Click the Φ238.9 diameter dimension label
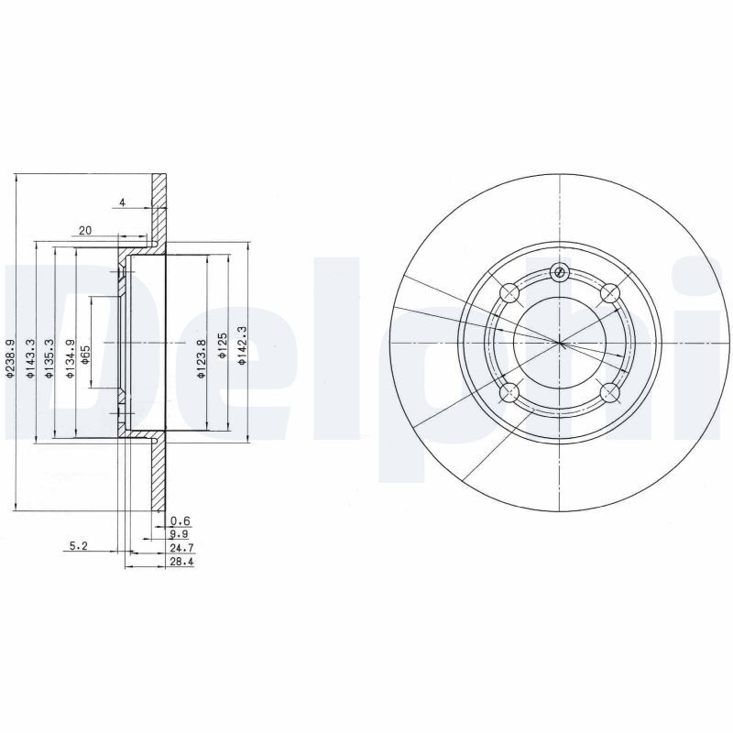coord(10,357)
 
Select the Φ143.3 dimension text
coord(30,357)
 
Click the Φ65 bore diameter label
coord(84,355)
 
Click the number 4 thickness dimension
coord(120,202)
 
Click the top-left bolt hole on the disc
coord(510,293)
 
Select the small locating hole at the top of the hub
coord(560,271)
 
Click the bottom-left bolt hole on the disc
coord(510,394)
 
